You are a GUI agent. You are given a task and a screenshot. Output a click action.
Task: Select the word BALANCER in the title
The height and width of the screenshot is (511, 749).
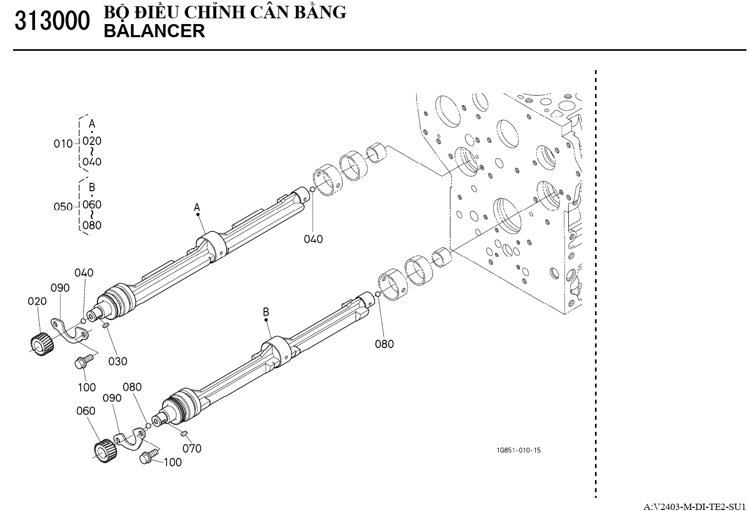[x=155, y=31]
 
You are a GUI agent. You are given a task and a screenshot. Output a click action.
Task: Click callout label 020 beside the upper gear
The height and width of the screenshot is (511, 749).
[x=37, y=301]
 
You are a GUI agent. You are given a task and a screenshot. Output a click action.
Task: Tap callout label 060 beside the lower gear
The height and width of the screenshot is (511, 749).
[x=85, y=411]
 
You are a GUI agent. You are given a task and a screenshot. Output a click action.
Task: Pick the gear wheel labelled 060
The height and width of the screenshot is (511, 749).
[x=104, y=449]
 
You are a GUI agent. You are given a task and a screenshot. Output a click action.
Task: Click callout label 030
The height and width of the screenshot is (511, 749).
[x=117, y=361]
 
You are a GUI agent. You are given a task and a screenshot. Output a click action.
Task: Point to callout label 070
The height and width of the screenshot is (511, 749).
[x=192, y=448]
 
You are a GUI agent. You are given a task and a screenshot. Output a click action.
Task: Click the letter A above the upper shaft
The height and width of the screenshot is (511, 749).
[x=197, y=208]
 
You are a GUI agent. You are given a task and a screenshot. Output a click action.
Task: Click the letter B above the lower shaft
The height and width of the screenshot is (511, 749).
[x=266, y=312]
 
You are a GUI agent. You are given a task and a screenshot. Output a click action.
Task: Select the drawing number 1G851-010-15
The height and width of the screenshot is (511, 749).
[x=519, y=450]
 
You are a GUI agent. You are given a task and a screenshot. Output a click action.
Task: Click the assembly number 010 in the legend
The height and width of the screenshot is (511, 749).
[x=63, y=143]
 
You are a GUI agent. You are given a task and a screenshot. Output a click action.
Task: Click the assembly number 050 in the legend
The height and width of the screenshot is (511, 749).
[x=63, y=207]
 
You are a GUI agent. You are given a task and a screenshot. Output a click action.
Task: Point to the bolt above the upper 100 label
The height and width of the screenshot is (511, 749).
[x=84, y=362]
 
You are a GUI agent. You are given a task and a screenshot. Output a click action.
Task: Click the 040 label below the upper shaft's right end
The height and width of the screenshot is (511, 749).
[x=313, y=239]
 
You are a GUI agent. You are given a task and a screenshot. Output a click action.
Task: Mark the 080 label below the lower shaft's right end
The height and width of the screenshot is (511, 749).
[x=384, y=344]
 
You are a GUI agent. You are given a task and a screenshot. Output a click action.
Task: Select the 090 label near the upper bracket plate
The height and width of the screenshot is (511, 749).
[x=60, y=288]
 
